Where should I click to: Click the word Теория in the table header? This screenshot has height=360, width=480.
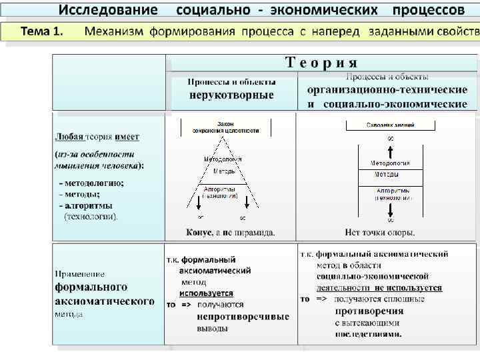pyautogui.click(x=321, y=63)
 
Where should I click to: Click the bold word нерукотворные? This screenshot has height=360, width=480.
pyautogui.click(x=231, y=95)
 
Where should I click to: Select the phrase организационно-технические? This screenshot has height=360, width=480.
pyautogui.click(x=387, y=91)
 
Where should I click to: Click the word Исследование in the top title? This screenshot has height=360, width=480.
pyautogui.click(x=108, y=10)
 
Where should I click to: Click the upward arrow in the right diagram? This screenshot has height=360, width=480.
pyautogui.click(x=390, y=149)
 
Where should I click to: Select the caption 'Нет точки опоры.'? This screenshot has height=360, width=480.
pyautogui.click(x=380, y=233)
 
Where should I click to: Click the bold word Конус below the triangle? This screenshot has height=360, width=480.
pyautogui.click(x=199, y=233)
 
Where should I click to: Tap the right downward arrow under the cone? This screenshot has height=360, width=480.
pyautogui.click(x=246, y=203)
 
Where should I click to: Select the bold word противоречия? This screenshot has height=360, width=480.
pyautogui.click(x=369, y=311)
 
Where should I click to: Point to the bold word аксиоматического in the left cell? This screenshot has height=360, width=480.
pyautogui.click(x=104, y=301)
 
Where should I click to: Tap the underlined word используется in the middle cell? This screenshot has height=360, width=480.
pyautogui.click(x=206, y=293)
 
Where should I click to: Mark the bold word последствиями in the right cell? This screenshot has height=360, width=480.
pyautogui.click(x=368, y=334)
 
